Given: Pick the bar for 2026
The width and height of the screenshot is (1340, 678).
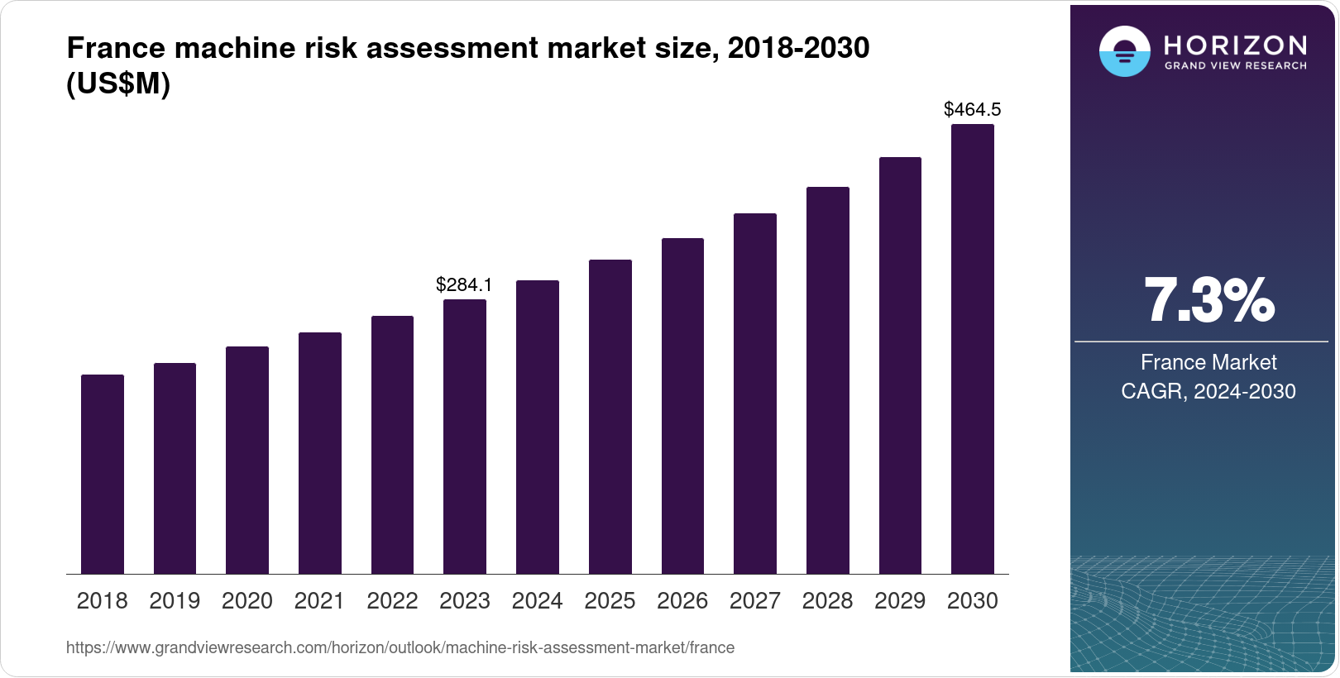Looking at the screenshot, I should (682, 406).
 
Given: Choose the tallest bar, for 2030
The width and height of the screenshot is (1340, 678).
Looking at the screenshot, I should (973, 349).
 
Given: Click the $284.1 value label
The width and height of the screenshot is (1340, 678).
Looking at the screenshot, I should (464, 285).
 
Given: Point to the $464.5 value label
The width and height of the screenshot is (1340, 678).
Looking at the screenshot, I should (973, 109).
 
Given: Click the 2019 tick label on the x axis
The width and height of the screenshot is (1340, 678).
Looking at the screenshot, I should (175, 601).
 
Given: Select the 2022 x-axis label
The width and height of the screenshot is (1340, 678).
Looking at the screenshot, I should (392, 601).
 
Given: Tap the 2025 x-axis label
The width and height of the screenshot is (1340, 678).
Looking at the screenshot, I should (610, 601).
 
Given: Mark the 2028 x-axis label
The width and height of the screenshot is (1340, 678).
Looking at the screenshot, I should (827, 601).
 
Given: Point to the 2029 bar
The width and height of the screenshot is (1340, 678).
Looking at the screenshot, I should (900, 365).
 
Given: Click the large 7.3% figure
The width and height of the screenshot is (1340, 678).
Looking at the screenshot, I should (1208, 300).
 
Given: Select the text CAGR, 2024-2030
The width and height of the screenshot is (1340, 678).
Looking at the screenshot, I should (1208, 391).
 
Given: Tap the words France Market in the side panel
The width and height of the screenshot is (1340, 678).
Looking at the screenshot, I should (1208, 362).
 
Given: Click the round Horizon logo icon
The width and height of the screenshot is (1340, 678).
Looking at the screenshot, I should (1124, 51).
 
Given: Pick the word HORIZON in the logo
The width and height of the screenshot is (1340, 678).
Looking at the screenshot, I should (1235, 45).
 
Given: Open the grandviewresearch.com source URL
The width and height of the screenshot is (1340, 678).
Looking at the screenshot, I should (400, 647).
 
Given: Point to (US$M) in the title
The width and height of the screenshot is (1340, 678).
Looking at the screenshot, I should (118, 84).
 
